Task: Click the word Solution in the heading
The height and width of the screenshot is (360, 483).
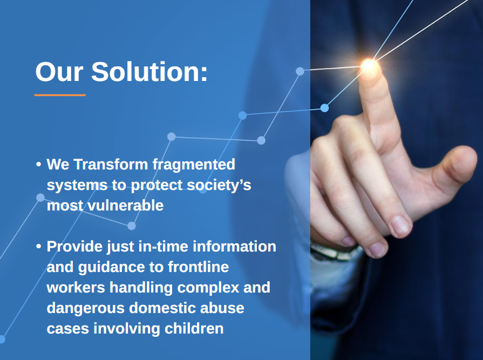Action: [149, 72]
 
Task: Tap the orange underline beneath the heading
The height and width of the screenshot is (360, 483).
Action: [60, 95]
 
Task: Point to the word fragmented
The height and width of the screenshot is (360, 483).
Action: [194, 164]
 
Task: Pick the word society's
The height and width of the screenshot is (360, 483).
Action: [219, 185]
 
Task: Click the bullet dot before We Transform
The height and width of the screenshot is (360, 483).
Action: [38, 164]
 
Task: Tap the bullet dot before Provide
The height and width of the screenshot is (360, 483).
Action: [38, 247]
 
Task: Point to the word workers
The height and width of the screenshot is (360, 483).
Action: [76, 288]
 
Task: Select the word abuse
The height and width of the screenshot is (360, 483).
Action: [223, 308]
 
